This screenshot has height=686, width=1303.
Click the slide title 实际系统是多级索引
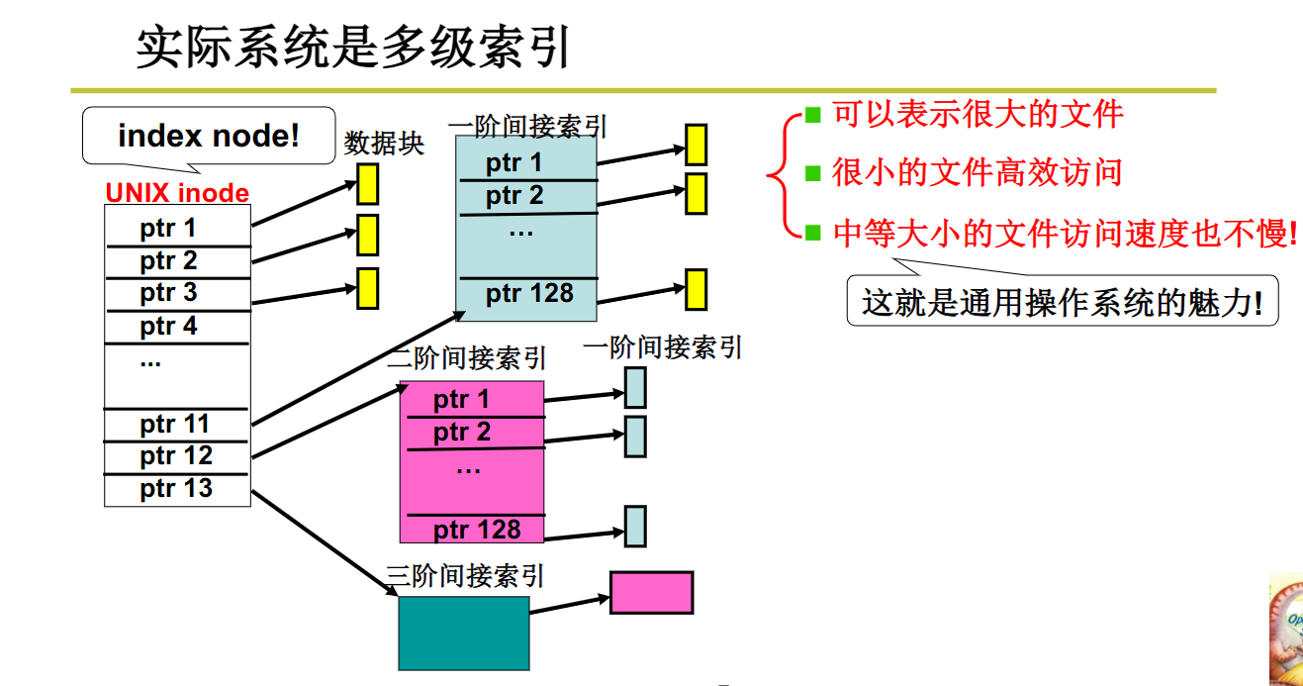point(353,47)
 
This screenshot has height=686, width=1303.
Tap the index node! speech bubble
point(208,136)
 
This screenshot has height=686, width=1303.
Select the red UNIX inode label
point(177,193)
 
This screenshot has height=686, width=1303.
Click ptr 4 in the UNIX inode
point(168,326)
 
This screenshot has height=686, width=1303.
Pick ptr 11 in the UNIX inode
point(175,425)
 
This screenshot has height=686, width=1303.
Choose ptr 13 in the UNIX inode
point(176,488)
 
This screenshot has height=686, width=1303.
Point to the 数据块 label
point(384,145)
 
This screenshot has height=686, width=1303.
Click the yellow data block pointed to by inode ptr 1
point(368,184)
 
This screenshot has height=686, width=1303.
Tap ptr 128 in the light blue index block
point(529,294)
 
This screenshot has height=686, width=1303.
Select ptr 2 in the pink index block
point(462,433)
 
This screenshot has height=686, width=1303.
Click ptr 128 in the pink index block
point(477,530)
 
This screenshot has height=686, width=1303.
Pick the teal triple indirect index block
point(463,633)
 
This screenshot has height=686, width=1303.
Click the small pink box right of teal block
point(651,592)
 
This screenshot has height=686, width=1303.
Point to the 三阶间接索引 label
point(465,576)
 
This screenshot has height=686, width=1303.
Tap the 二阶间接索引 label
point(466,357)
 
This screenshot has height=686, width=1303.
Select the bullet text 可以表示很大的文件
point(977,115)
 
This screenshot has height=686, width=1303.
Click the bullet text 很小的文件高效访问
point(977,173)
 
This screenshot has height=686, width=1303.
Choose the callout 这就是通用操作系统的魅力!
point(1062,302)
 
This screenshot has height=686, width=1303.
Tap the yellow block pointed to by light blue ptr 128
point(696,289)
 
